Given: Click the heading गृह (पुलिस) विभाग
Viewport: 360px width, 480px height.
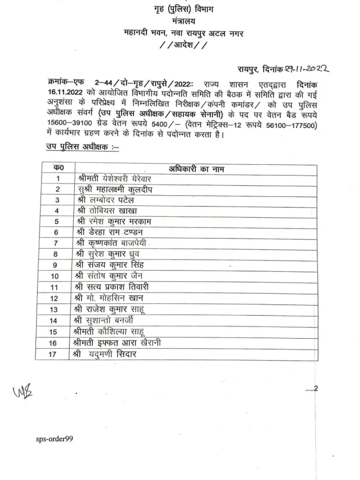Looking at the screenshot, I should click(x=179, y=10).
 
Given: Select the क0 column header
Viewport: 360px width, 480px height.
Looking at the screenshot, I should click(x=57, y=168).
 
